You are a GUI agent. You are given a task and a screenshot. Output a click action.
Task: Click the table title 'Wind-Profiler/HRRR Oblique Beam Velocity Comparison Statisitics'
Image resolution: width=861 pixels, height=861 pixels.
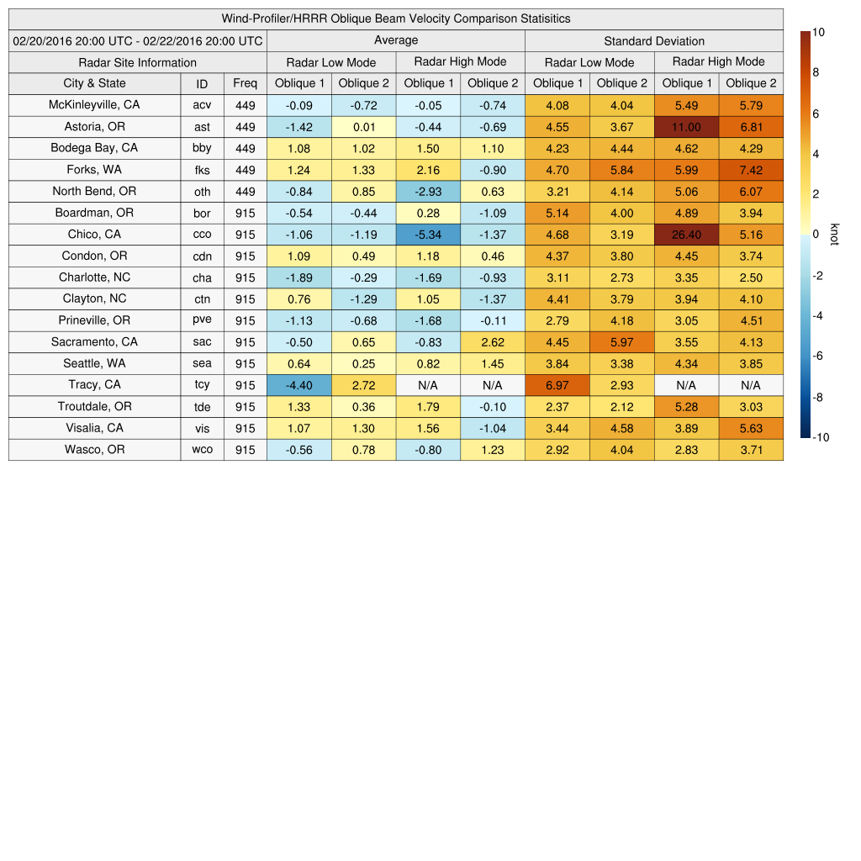pyautogui.click(x=396, y=18)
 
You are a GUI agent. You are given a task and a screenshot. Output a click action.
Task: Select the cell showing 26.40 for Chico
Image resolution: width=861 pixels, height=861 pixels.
pyautogui.click(x=686, y=235)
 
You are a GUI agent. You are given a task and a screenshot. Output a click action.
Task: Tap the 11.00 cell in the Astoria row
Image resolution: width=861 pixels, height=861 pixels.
pyautogui.click(x=686, y=127)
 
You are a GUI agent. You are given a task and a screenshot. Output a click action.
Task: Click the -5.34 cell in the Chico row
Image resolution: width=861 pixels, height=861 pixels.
pyautogui.click(x=428, y=235)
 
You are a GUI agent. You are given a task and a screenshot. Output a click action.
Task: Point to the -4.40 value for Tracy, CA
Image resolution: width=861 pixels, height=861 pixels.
pyautogui.click(x=298, y=385)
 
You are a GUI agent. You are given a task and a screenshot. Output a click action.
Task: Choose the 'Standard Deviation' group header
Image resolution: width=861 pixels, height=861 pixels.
pyautogui.click(x=654, y=41)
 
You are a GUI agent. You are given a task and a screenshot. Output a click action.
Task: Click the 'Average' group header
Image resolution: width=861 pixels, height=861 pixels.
pyautogui.click(x=396, y=40)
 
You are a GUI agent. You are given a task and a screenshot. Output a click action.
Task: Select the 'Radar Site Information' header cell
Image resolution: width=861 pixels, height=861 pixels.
pyautogui.click(x=137, y=62)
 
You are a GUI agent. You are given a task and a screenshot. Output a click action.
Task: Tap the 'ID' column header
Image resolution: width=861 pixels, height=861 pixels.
pyautogui.click(x=202, y=83)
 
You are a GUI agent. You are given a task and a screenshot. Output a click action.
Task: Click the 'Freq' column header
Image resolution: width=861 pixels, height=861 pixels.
pyautogui.click(x=245, y=83)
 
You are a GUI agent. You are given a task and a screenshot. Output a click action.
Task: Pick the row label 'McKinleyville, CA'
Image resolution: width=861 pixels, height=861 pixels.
pyautogui.click(x=94, y=105)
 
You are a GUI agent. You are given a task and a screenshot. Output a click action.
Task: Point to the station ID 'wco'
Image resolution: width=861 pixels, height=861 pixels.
pyautogui.click(x=202, y=450)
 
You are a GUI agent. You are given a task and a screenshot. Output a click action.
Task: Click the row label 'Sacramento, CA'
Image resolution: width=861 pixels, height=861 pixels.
pyautogui.click(x=94, y=342)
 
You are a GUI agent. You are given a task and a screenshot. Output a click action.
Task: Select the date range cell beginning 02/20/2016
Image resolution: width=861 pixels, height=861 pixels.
pyautogui.click(x=138, y=41)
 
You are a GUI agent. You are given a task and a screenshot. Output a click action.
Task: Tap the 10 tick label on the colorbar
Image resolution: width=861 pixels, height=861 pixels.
pyautogui.click(x=818, y=32)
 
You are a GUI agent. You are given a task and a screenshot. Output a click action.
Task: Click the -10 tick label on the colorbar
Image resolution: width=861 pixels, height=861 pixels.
pyautogui.click(x=821, y=437)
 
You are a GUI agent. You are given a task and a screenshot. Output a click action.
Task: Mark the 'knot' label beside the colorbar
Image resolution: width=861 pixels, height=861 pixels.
pyautogui.click(x=834, y=235)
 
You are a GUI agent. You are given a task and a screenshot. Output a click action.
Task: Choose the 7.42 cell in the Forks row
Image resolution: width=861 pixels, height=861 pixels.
pyautogui.click(x=751, y=170)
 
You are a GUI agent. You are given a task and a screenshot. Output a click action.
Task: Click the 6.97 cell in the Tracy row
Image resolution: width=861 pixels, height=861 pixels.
pyautogui.click(x=557, y=385)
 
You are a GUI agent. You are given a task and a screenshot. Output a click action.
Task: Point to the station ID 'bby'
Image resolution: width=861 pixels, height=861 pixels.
pyautogui.click(x=202, y=148)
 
